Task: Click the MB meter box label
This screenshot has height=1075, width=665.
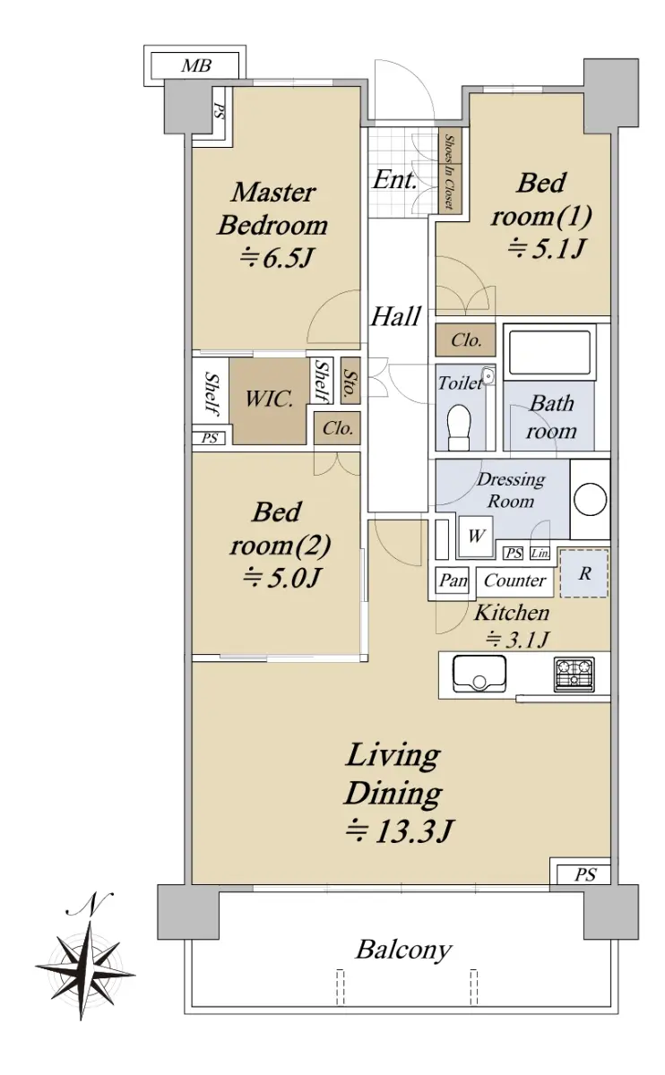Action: (196, 65)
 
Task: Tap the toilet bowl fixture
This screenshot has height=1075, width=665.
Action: (459, 426)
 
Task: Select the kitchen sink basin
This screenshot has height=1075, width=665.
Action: (479, 673)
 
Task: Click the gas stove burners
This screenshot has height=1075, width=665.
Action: (574, 674)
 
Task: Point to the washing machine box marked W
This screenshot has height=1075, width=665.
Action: (475, 537)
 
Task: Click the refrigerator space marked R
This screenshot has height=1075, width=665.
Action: (583, 573)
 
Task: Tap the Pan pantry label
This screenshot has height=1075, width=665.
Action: (453, 580)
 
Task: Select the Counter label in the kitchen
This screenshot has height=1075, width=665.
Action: (514, 580)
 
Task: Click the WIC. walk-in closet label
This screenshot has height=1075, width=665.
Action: (269, 399)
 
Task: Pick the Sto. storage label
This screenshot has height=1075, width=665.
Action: (351, 381)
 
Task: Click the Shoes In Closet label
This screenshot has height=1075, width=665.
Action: (449, 171)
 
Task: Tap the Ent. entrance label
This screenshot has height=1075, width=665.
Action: (394, 180)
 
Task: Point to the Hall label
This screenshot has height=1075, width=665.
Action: (396, 316)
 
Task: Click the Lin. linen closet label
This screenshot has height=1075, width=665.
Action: (540, 554)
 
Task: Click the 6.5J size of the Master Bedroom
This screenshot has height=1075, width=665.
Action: (277, 257)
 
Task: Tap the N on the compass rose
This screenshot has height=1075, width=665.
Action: (91, 903)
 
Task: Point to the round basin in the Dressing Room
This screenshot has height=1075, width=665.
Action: (590, 499)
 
